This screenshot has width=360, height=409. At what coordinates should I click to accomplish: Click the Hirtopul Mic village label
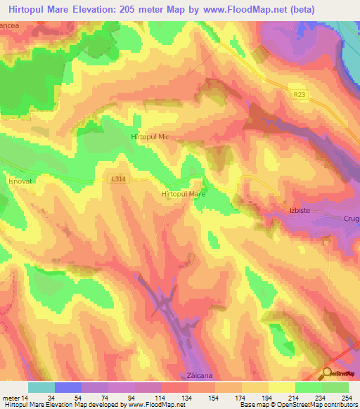coord(150,138)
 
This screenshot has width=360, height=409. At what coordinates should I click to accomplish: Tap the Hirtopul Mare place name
coord(183,193)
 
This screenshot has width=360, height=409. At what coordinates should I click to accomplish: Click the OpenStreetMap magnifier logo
coord(328,373)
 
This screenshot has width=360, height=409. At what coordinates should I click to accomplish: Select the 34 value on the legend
coord(51,397)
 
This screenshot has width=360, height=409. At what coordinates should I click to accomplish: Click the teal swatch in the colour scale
coord(41,387)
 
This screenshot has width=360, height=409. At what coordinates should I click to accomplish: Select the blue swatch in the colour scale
coord(68,387)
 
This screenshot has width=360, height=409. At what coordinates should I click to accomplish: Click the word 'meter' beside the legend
coord(10,397)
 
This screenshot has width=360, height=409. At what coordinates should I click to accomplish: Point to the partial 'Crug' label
coord(352,219)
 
